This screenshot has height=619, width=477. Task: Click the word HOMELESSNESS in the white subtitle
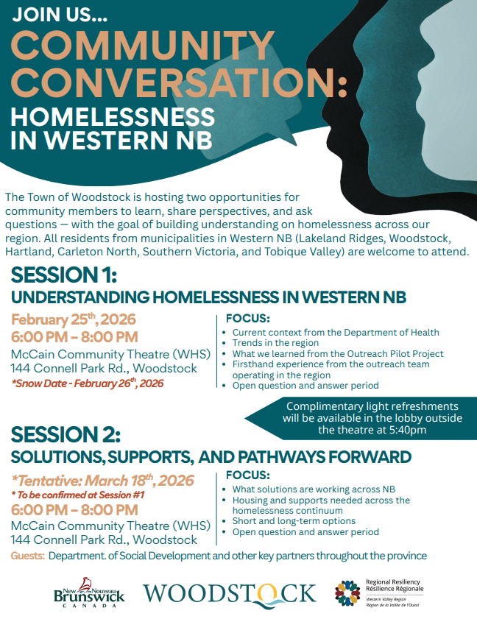click(x=113, y=116)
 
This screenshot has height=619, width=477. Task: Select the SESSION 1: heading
click(x=64, y=275)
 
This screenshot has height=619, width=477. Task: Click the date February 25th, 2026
click(x=74, y=319)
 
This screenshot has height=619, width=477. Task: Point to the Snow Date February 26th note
click(x=88, y=383)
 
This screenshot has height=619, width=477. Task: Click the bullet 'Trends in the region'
click(x=275, y=343)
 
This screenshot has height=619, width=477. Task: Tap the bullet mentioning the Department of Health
click(x=336, y=333)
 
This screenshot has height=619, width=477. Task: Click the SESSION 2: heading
click(x=66, y=434)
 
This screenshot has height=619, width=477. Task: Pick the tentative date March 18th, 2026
click(x=102, y=481)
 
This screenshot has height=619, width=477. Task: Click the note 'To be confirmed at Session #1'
click(x=78, y=495)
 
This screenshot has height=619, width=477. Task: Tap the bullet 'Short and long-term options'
click(x=294, y=521)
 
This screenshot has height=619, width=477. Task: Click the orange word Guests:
click(x=28, y=556)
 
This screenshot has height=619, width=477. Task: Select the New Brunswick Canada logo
click(x=89, y=593)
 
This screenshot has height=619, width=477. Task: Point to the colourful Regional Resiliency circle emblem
click(x=347, y=593)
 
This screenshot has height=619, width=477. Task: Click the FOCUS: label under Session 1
click(x=248, y=318)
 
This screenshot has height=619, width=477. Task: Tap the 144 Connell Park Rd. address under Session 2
click(x=104, y=540)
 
